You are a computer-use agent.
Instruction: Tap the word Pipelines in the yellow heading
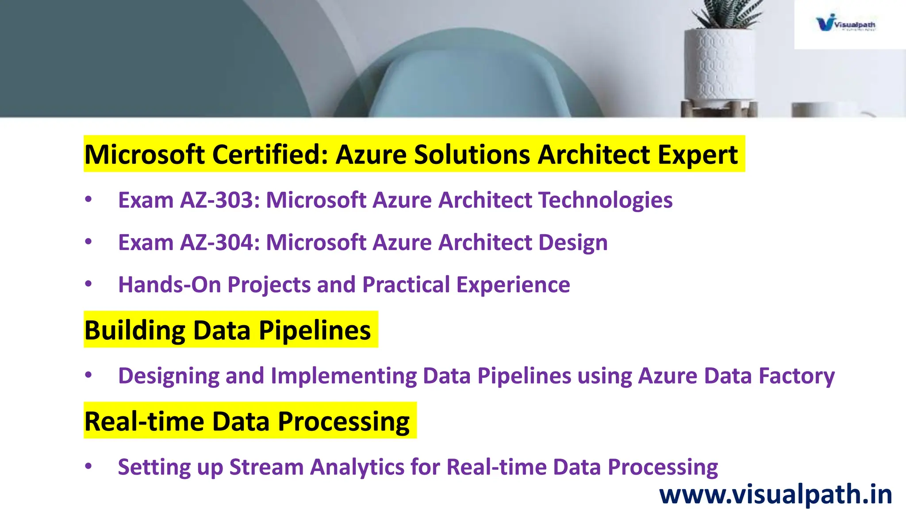pyautogui.click(x=315, y=330)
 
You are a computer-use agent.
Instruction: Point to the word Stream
pyautogui.click(x=266, y=467)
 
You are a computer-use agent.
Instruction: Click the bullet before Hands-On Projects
pyautogui.click(x=88, y=284)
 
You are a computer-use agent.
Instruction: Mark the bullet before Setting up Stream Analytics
pyautogui.click(x=88, y=466)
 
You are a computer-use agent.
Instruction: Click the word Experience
pyautogui.click(x=513, y=285)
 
